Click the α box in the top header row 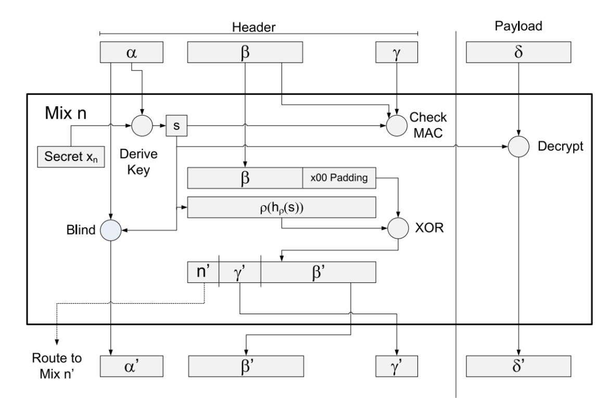coord(131,53)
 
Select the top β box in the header coord(245,53)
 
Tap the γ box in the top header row coord(397,53)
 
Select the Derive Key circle coord(141,126)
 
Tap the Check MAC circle coord(397,126)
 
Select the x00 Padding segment coord(339,178)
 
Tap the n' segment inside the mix coord(203,272)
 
